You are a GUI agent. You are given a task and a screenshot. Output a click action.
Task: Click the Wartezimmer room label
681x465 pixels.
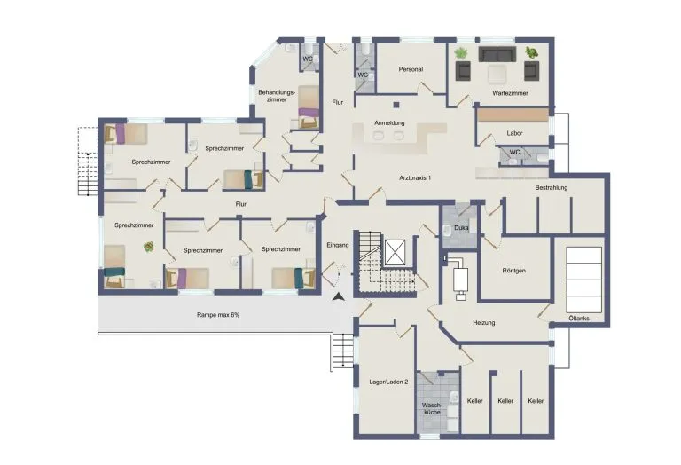click(511, 93)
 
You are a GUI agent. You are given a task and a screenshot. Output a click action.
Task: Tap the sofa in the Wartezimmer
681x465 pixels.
click(497, 54)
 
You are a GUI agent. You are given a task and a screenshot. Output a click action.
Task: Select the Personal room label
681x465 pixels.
click(411, 69)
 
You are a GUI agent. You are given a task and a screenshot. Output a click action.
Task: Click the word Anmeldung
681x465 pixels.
click(389, 123)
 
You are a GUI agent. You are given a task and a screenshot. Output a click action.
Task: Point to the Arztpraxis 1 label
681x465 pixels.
click(415, 177)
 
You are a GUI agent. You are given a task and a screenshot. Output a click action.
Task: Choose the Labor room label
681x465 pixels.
click(514, 133)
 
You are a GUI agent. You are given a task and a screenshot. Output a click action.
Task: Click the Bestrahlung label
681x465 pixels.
click(552, 188)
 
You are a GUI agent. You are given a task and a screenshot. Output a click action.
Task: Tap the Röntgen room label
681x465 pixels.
click(513, 271)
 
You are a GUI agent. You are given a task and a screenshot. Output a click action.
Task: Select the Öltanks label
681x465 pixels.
click(579, 318)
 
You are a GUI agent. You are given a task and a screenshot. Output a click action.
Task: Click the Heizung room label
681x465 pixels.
click(484, 323)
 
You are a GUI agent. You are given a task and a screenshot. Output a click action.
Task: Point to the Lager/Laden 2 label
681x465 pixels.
click(388, 382)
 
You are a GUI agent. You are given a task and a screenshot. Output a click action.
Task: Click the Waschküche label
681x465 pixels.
click(432, 408)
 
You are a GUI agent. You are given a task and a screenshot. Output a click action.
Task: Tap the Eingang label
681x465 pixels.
click(338, 245)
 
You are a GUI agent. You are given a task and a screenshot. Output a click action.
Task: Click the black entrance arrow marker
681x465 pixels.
click(338, 297)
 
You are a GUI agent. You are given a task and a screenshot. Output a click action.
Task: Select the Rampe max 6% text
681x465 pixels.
click(218, 315)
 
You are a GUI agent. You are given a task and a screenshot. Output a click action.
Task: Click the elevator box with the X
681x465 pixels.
click(395, 252)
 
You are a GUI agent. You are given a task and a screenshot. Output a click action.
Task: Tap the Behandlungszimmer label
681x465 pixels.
click(277, 96)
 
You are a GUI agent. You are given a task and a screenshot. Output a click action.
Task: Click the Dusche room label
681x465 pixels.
click(461, 228)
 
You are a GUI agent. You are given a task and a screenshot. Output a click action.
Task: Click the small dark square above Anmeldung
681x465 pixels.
click(396, 105)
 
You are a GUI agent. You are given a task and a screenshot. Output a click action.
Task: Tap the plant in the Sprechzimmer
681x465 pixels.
click(149, 247)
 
